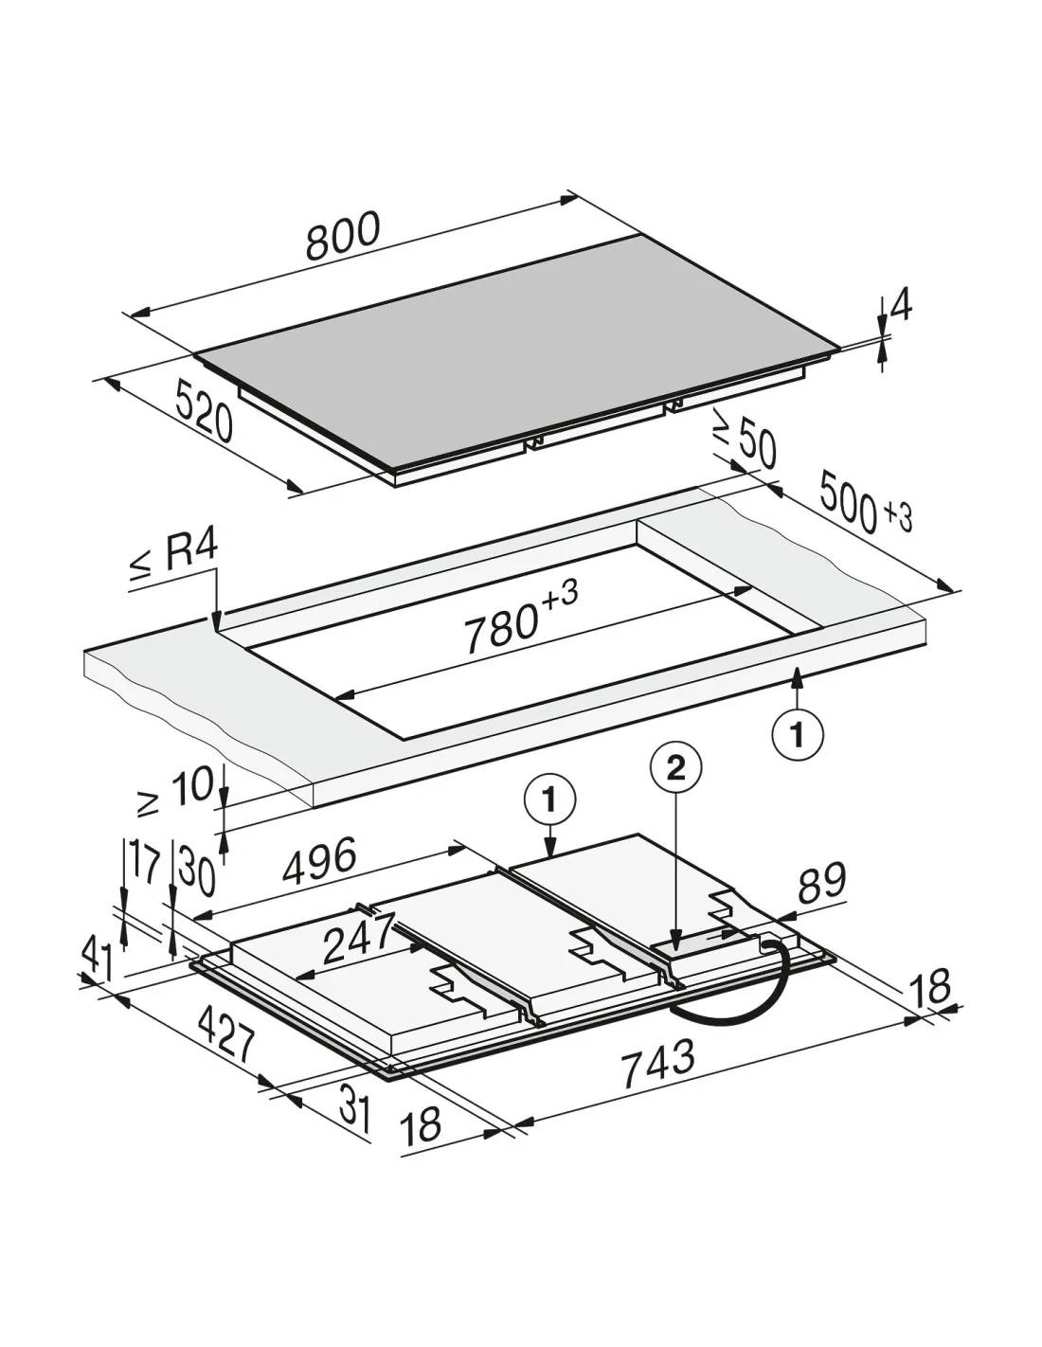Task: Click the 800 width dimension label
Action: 342,236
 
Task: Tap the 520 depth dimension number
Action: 204,410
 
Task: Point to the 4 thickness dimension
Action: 900,306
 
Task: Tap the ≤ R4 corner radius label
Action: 174,556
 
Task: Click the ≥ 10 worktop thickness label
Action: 177,790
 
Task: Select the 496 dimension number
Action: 320,860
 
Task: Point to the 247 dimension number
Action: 359,939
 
